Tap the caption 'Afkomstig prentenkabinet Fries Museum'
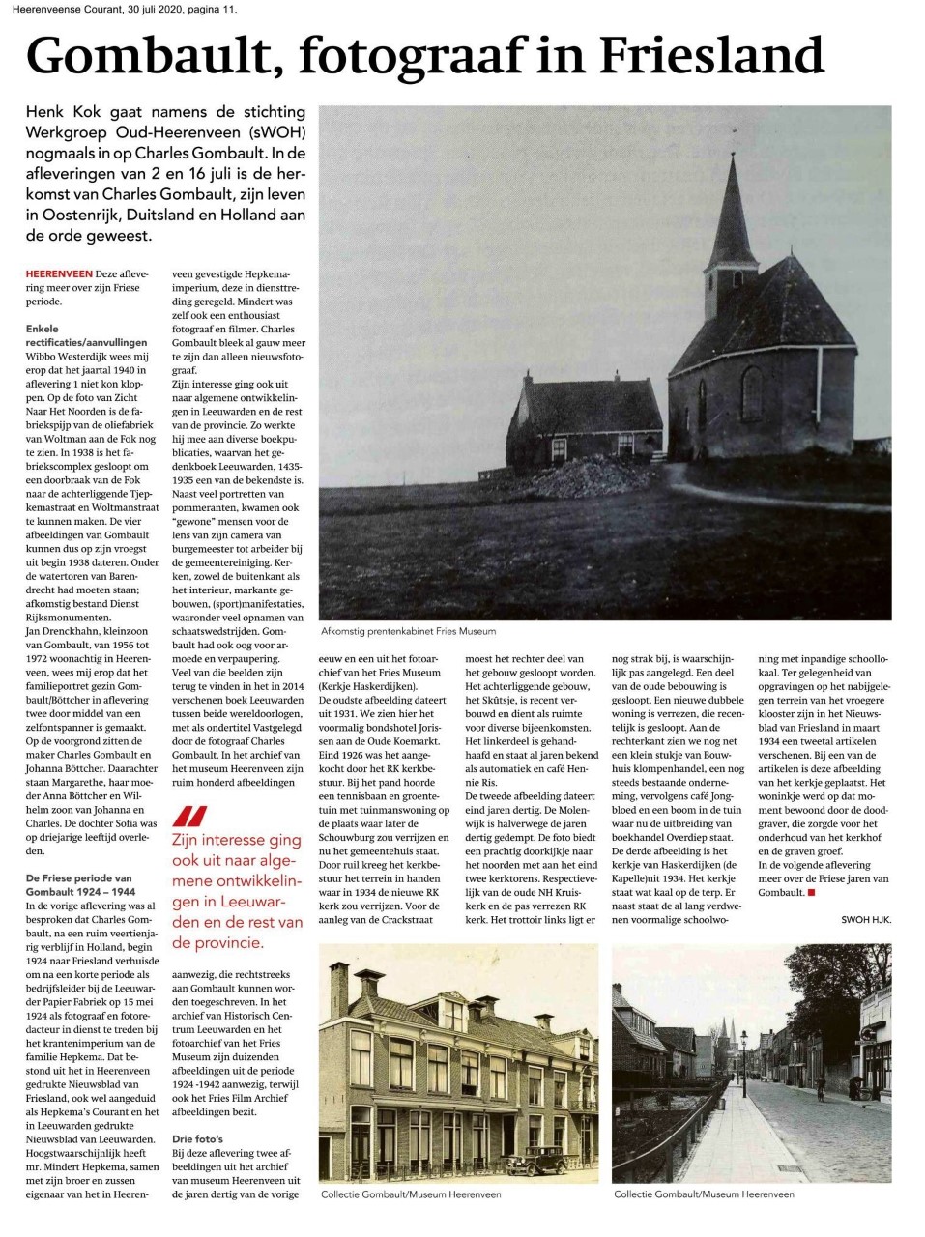[409, 631]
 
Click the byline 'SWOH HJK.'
[866, 920]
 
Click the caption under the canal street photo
[704, 1194]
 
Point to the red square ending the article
[811, 892]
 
